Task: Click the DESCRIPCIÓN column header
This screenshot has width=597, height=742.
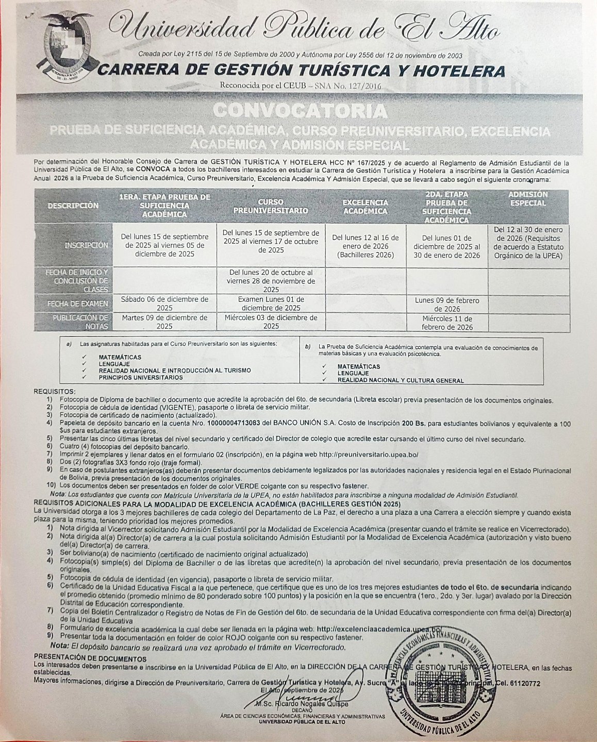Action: [x=73, y=206]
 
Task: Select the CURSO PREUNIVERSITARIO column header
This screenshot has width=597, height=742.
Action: [x=271, y=206]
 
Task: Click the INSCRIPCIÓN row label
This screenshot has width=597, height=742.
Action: [x=86, y=245]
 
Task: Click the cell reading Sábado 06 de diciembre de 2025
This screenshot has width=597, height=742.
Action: [x=164, y=303]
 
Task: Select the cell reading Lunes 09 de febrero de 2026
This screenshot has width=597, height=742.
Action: [x=446, y=305]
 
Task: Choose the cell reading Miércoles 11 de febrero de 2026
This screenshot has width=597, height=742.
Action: [x=447, y=323]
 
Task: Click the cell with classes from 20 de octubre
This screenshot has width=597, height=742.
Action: [x=271, y=281]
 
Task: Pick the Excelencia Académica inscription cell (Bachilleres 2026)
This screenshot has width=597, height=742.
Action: [x=366, y=246]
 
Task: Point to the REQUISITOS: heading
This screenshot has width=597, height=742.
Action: [x=54, y=392]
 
